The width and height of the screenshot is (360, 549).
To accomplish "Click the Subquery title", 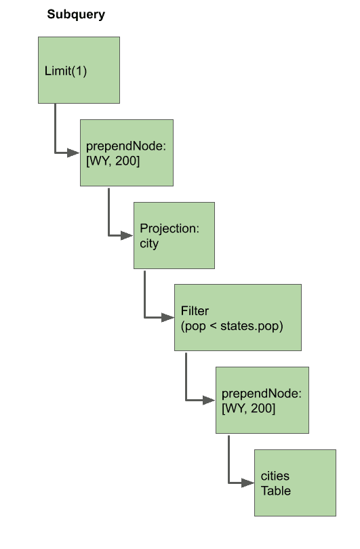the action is [76, 15].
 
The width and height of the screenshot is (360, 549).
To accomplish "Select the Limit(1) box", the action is [79, 70].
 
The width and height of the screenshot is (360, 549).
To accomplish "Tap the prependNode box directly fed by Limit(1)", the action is [127, 152].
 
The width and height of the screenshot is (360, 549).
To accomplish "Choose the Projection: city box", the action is [174, 235].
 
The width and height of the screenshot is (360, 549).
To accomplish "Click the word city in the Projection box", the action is [149, 244].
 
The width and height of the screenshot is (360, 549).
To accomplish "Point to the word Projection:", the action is [169, 228].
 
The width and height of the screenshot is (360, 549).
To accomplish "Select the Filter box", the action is [238, 318].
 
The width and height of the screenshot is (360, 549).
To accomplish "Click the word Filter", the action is [195, 310].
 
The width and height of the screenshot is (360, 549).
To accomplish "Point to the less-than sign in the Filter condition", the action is [213, 326].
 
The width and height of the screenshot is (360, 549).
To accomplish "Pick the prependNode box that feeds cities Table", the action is [262, 400].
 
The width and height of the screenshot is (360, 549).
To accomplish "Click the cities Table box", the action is [295, 483].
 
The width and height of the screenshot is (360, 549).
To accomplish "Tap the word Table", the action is [276, 491].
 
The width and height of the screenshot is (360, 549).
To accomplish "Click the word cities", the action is [275, 476].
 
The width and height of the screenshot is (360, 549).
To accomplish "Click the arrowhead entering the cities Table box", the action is [248, 483].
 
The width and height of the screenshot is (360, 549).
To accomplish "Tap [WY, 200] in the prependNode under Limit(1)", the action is [113, 161].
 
